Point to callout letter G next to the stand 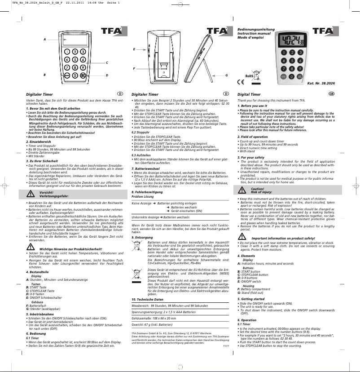227,75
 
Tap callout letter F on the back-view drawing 134,68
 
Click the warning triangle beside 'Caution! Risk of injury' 242,190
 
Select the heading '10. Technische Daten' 147,299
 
